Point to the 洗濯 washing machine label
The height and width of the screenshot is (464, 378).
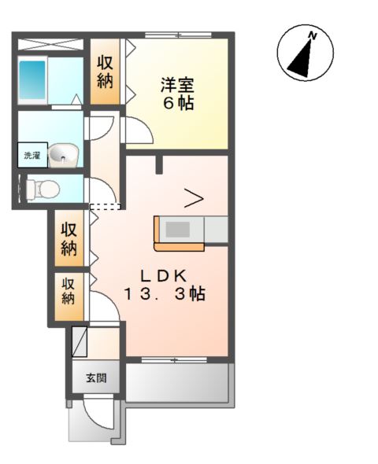[31, 155]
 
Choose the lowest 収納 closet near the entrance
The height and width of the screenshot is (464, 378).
[69, 291]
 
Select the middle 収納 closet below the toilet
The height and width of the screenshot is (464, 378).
[69, 239]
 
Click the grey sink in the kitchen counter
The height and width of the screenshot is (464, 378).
[177, 230]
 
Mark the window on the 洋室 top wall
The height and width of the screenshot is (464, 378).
[177, 35]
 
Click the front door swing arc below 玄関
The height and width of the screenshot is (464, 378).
[99, 414]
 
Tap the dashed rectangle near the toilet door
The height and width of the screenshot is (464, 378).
[106, 207]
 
